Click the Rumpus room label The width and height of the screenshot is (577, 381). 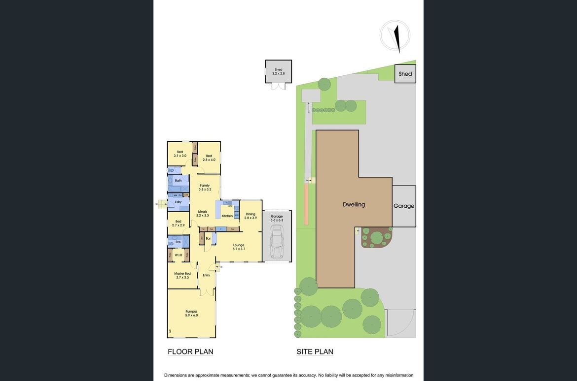coord(191,313)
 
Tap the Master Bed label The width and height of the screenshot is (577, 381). coord(182,275)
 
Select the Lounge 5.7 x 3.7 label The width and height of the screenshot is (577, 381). coord(239,247)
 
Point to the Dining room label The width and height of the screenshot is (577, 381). coord(251,216)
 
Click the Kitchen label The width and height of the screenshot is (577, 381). coord(227,216)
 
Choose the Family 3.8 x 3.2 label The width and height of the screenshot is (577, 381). coord(205,187)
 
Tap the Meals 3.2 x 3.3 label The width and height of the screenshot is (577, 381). coord(203,213)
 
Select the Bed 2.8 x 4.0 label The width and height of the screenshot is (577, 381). coord(209,158)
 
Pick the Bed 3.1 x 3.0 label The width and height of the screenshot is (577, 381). coord(180,153)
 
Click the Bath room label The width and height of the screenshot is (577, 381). coord(178,181)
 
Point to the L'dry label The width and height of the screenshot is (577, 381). coord(178,202)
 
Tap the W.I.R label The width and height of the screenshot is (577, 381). coord(178,255)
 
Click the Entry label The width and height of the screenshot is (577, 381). coord(206,275)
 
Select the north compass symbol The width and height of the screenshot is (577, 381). coord(396,36)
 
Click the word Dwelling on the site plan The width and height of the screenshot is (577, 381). coord(354,204)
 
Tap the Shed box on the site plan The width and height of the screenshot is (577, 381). coord(405,74)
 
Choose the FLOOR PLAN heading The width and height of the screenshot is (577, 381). coord(190,351)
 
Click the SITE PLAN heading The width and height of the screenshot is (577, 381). coord(315,351)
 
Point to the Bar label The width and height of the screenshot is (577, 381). coord(208,239)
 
